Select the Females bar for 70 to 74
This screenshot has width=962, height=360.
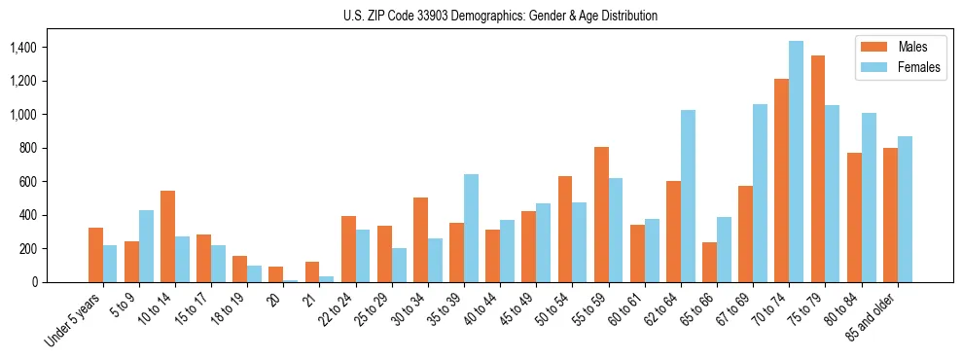pyautogui.click(x=797, y=162)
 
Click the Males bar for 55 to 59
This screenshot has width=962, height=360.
pyautogui.click(x=601, y=215)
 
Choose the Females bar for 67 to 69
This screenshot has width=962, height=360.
pyautogui.click(x=761, y=194)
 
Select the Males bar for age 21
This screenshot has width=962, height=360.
pyautogui.click(x=312, y=272)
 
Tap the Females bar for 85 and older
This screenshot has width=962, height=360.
pyautogui.click(x=905, y=209)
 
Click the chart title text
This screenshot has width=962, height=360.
pyautogui.click(x=500, y=17)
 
